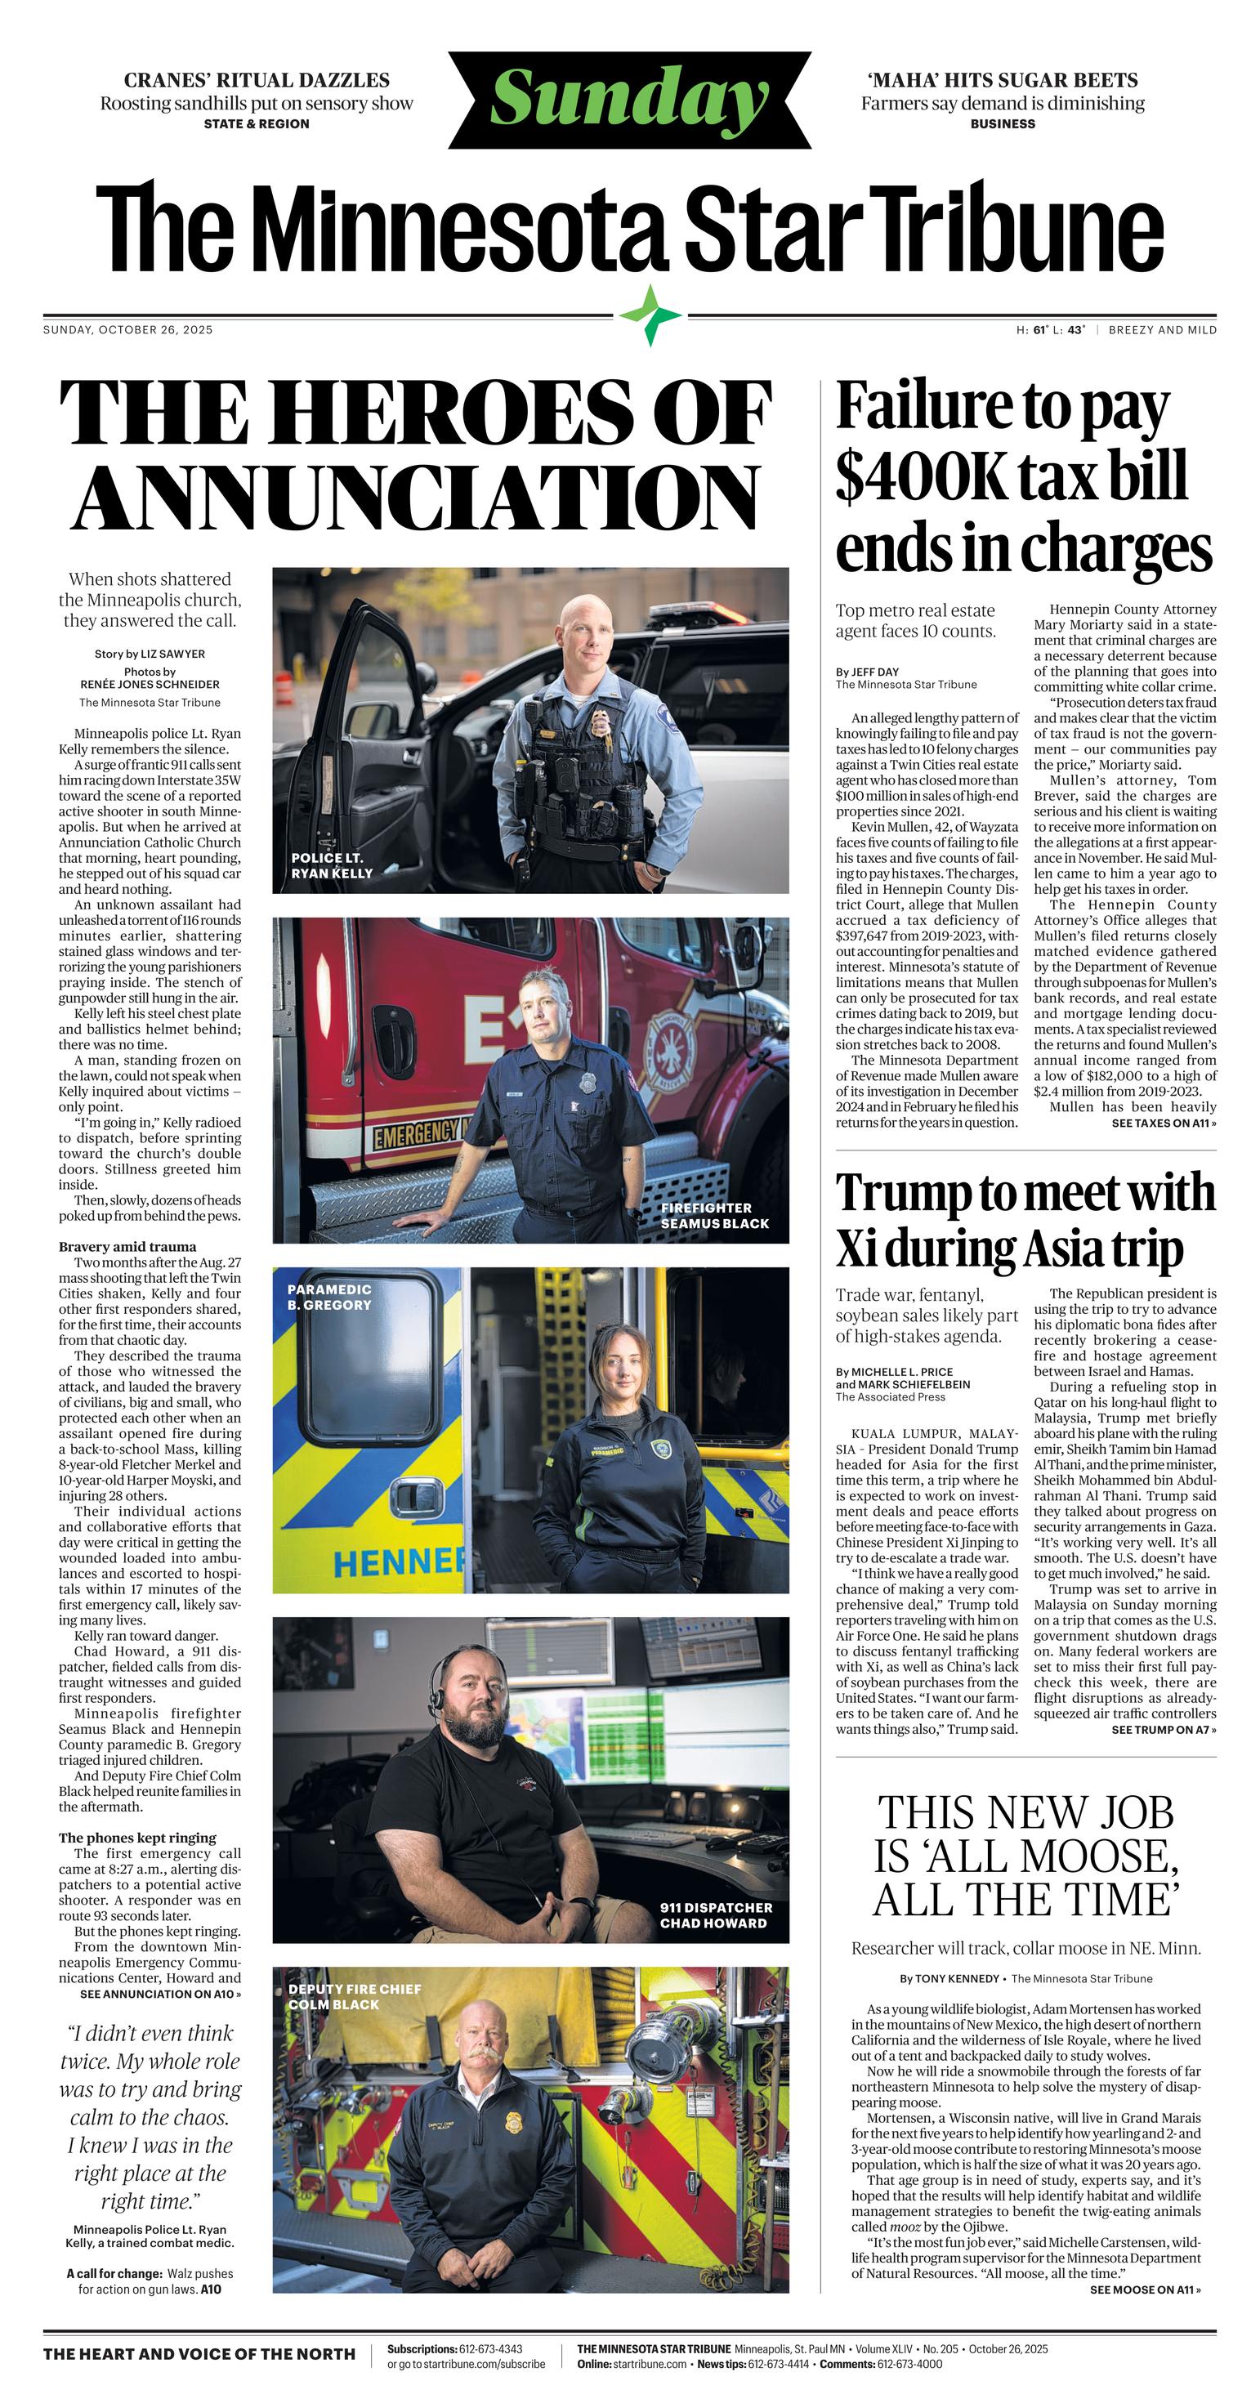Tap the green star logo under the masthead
[x=651, y=316]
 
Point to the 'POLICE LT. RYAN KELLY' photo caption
[x=332, y=864]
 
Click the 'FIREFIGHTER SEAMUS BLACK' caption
[x=714, y=1215]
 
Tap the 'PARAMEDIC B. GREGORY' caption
[x=329, y=1297]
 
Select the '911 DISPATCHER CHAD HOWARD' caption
[x=716, y=1915]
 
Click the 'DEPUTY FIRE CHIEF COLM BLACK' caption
[x=355, y=1997]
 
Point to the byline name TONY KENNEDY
[x=960, y=1978]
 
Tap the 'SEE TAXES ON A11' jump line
[x=1163, y=1123]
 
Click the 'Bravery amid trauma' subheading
[x=127, y=1246]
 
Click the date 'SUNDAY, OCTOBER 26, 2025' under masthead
[x=128, y=330]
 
